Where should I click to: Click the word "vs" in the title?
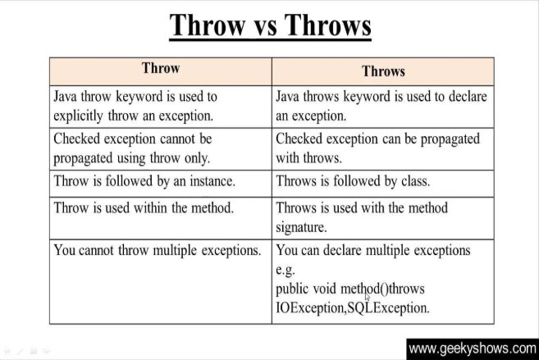pos(266,26)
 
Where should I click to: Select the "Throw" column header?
pos(161,68)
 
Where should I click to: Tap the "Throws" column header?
pos(383,71)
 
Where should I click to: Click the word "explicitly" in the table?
pos(78,116)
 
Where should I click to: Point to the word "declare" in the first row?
pos(468,96)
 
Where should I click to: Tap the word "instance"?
pos(212,181)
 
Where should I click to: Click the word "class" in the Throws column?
pos(416,181)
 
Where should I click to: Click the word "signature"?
pos(301,227)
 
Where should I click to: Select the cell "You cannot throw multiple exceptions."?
pos(158,250)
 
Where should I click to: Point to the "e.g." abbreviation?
pos(285,270)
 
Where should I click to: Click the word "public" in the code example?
pos(292,289)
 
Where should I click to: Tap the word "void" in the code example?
pos(325,289)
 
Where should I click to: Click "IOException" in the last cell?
pos(310,308)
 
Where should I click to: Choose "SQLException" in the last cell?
pos(388,308)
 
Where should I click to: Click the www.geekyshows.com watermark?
pos(473,349)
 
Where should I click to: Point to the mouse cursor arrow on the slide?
pos(367,297)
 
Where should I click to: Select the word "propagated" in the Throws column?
pos(450,139)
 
